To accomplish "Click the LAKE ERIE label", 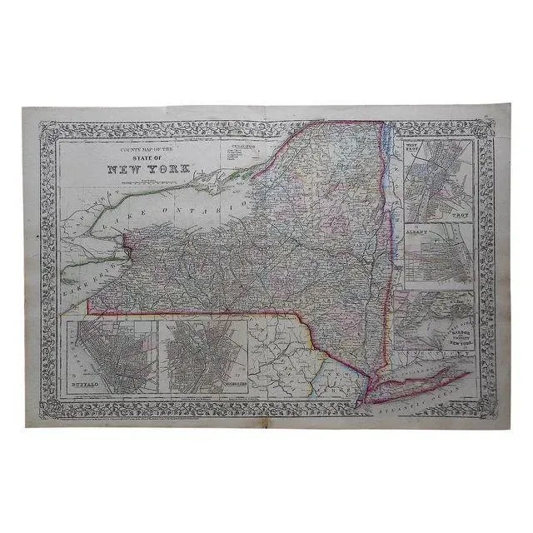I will pos(83,266).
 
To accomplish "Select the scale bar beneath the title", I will pos(150,177).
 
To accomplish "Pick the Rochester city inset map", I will pos(204,354).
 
